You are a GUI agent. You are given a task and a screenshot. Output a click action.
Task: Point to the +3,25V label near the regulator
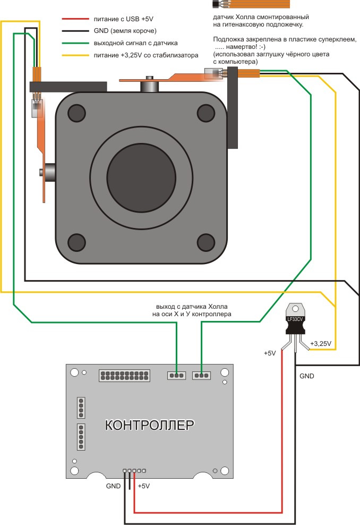(x=321, y=344)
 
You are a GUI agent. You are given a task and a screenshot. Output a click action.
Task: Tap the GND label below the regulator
(x=307, y=376)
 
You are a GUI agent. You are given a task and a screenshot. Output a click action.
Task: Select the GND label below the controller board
(x=113, y=486)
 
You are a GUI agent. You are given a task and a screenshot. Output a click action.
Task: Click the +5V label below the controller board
(x=144, y=486)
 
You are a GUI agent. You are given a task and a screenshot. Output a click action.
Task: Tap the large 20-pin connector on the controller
(x=124, y=376)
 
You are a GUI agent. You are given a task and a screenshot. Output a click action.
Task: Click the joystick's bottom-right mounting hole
(x=207, y=242)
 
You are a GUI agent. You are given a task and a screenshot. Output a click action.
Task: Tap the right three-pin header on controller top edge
(x=201, y=376)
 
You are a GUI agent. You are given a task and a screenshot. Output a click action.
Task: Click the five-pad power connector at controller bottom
(x=134, y=471)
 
